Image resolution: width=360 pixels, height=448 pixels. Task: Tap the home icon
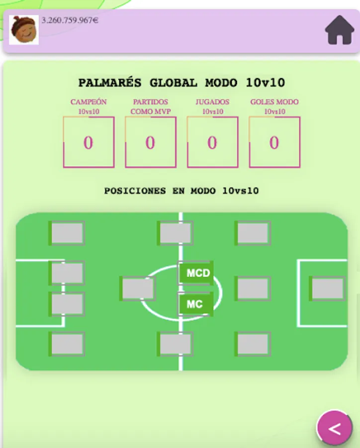[340, 30]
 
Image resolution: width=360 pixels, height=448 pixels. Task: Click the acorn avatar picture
[24, 30]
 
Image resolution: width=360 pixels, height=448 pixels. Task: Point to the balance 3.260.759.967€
[70, 20]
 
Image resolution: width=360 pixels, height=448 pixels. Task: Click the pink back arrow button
[335, 429]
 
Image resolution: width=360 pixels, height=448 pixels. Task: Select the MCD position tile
[197, 273]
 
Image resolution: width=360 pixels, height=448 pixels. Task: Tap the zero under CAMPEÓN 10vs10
[88, 143]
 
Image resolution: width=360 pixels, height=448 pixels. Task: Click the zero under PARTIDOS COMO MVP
[150, 143]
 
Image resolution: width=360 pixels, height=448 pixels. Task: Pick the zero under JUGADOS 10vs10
[212, 143]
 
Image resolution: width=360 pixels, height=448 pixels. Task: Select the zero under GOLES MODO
[274, 143]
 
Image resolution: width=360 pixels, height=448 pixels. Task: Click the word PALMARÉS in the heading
[109, 83]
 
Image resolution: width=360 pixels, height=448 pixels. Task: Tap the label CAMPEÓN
[89, 102]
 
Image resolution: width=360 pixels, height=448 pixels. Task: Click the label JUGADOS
[212, 102]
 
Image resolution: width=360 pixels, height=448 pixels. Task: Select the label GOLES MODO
[274, 102]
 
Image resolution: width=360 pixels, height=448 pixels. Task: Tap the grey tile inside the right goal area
[327, 289]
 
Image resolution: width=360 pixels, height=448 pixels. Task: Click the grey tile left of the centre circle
[138, 289]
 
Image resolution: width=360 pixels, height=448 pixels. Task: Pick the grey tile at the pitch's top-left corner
[67, 233]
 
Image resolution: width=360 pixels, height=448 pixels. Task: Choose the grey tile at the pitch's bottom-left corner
[67, 344]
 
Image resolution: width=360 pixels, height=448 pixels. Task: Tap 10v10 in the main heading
[265, 83]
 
